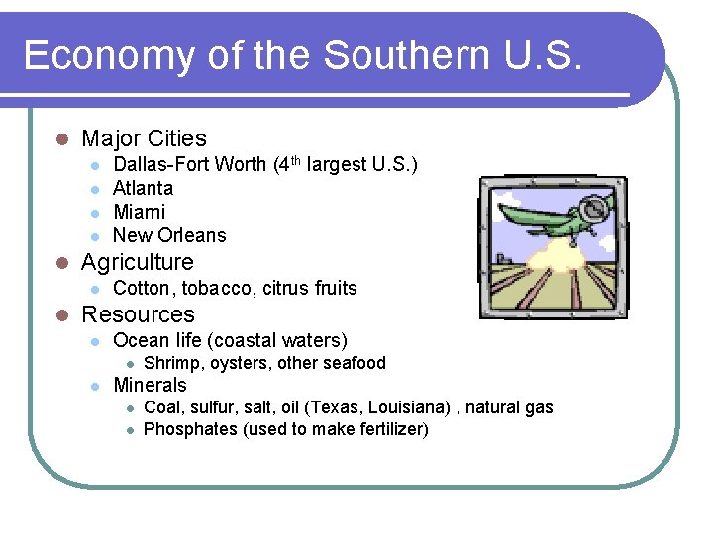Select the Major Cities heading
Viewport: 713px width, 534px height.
coord(144,138)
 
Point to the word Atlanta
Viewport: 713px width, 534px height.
coord(143,188)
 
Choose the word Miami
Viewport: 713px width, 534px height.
coord(140,212)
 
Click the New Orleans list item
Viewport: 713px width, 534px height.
coord(169,235)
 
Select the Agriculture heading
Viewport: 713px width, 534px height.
coord(137,262)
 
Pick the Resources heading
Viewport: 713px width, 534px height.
coord(138,314)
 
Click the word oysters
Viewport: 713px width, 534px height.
coord(238,363)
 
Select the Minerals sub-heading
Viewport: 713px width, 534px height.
coord(150,385)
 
